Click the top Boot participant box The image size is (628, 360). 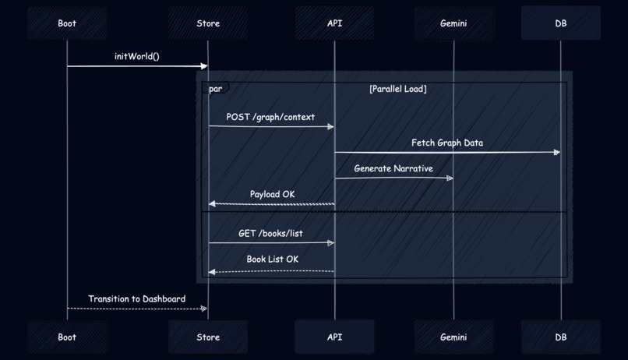pyautogui.click(x=67, y=23)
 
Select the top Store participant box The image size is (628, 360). pyautogui.click(x=208, y=23)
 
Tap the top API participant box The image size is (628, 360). pyautogui.click(x=334, y=23)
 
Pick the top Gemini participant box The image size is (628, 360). pyautogui.click(x=453, y=23)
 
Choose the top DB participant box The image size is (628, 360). pyautogui.click(x=561, y=23)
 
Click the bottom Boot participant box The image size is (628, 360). pyautogui.click(x=67, y=337)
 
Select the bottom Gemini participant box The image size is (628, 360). pyautogui.click(x=453, y=337)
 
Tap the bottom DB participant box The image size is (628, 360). pyautogui.click(x=561, y=337)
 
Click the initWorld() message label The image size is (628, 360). pyautogui.click(x=137, y=56)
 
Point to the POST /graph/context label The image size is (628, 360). pyautogui.click(x=270, y=117)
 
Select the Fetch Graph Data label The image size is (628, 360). pyautogui.click(x=447, y=143)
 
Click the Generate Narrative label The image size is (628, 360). pyautogui.click(x=393, y=168)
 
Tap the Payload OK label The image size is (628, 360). pyautogui.click(x=272, y=194)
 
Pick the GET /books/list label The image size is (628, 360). pyautogui.click(x=270, y=233)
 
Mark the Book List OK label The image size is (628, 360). pyautogui.click(x=272, y=259)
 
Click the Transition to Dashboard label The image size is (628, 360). pyautogui.click(x=137, y=298)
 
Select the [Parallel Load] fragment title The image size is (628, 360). pyautogui.click(x=397, y=89)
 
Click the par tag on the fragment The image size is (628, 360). pyautogui.click(x=215, y=89)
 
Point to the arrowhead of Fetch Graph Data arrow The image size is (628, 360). pyautogui.click(x=556, y=153)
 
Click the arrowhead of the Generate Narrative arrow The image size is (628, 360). pyautogui.click(x=450, y=178)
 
